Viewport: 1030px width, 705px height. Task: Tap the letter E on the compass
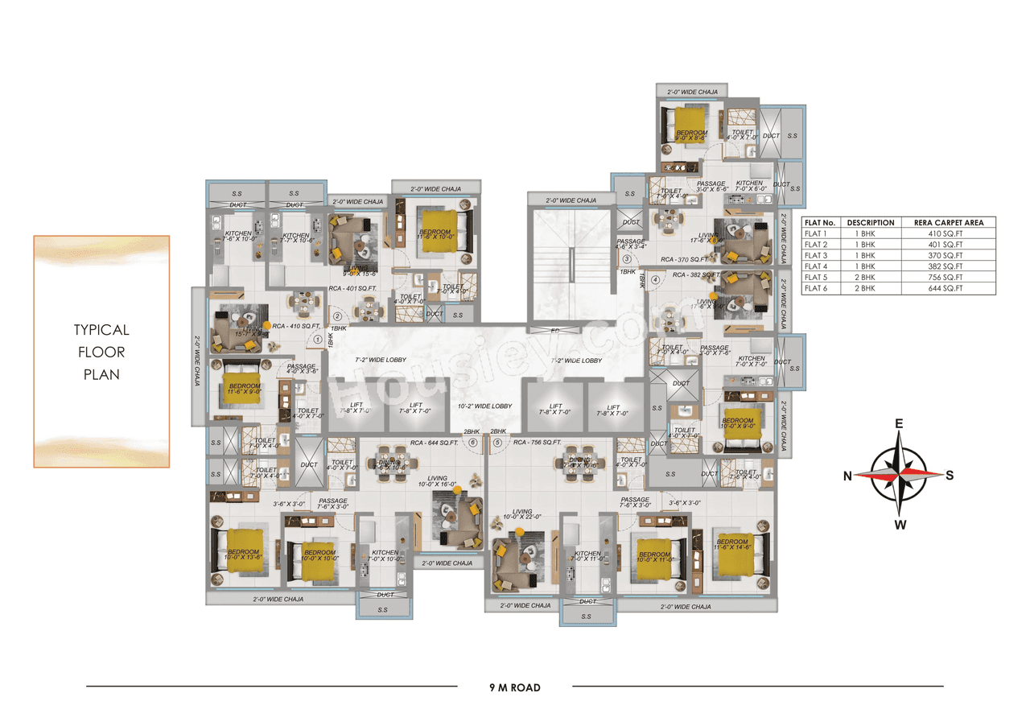click(900, 424)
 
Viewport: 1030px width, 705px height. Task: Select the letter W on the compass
click(900, 526)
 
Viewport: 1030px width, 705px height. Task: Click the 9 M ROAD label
click(514, 687)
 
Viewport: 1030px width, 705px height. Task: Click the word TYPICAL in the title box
click(101, 330)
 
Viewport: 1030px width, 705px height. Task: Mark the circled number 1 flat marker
click(319, 340)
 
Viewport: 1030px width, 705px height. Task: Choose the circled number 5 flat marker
click(497, 442)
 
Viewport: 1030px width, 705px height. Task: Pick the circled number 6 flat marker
click(472, 442)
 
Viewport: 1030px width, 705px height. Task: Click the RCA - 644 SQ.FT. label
click(434, 442)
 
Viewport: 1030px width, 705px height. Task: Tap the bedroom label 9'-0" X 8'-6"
click(691, 136)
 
